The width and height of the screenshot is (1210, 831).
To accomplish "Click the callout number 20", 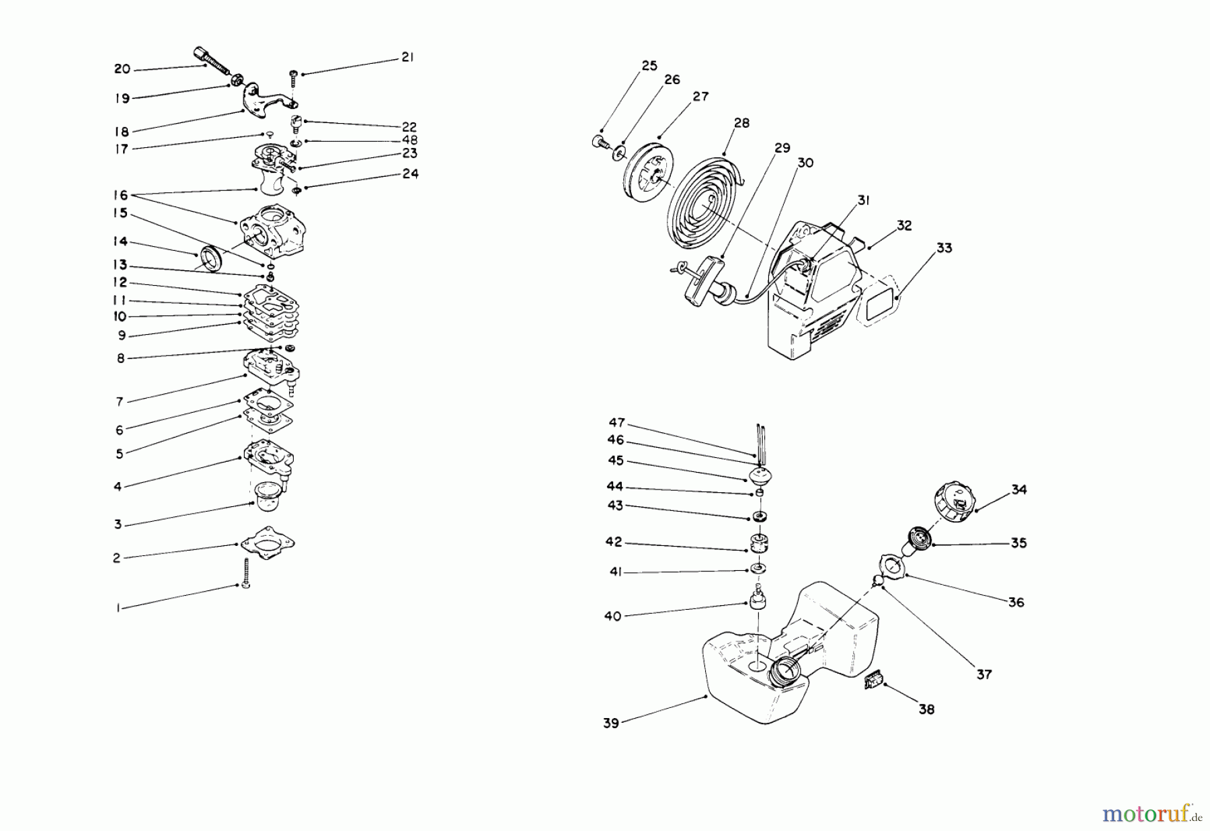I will click(122, 69).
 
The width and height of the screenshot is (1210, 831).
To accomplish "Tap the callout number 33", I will click(944, 248).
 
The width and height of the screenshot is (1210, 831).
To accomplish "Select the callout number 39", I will click(610, 723).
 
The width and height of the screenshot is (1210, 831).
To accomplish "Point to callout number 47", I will click(616, 423).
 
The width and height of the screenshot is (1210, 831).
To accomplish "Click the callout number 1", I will click(118, 608).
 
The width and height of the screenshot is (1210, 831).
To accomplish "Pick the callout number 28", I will click(742, 123).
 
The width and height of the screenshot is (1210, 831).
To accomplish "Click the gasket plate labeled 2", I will click(268, 541).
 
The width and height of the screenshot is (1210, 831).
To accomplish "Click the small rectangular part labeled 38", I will click(872, 683).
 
